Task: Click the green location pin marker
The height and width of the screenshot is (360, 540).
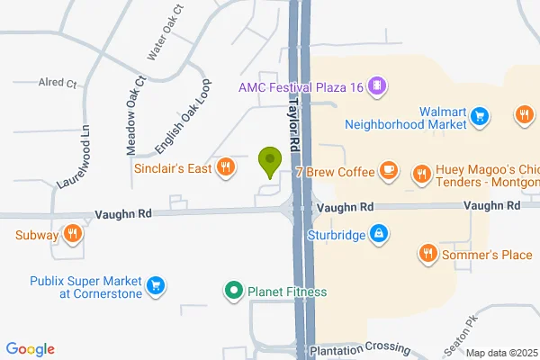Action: pos(268,162)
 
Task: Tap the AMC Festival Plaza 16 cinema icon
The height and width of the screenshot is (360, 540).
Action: pos(379,87)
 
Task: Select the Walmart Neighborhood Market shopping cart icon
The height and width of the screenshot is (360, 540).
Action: pos(481,115)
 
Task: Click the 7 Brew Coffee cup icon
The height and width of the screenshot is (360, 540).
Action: pos(389,169)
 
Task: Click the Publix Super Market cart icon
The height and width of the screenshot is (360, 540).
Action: pos(157,285)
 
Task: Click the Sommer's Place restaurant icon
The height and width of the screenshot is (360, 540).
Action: pos(427,255)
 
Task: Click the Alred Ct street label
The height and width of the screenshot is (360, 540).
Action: pos(58,82)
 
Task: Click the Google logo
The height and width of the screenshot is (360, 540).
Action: pos(30,349)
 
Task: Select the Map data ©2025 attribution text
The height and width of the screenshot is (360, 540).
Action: pos(499,353)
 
